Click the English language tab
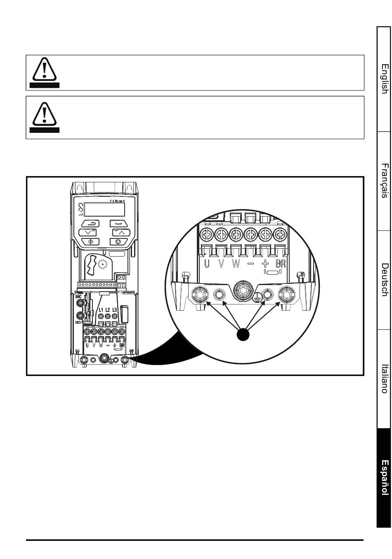pyautogui.click(x=384, y=79)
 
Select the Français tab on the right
pyautogui.click(x=384, y=180)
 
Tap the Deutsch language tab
pyautogui.click(x=384, y=279)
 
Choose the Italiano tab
pyautogui.click(x=384, y=378)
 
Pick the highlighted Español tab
pyautogui.click(x=384, y=477)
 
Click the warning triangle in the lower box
pyautogui.click(x=44, y=114)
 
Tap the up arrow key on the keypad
pyautogui.click(x=120, y=233)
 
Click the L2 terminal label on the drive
pyautogui.click(x=108, y=310)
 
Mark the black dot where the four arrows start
pyautogui.click(x=243, y=334)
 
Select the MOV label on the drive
pyautogui.click(x=79, y=322)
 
